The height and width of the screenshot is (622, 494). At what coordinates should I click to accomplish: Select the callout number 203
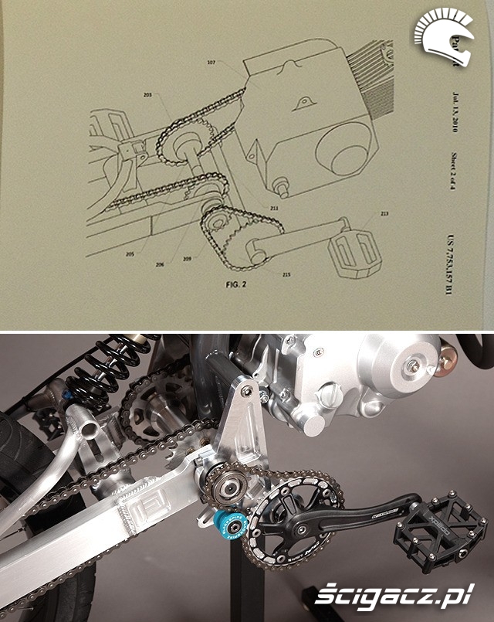(147, 96)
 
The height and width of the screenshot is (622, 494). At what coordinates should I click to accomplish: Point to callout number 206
(160, 263)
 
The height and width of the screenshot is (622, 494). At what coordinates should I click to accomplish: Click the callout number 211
(274, 209)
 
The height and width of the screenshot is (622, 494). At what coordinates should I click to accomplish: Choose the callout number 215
(287, 274)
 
